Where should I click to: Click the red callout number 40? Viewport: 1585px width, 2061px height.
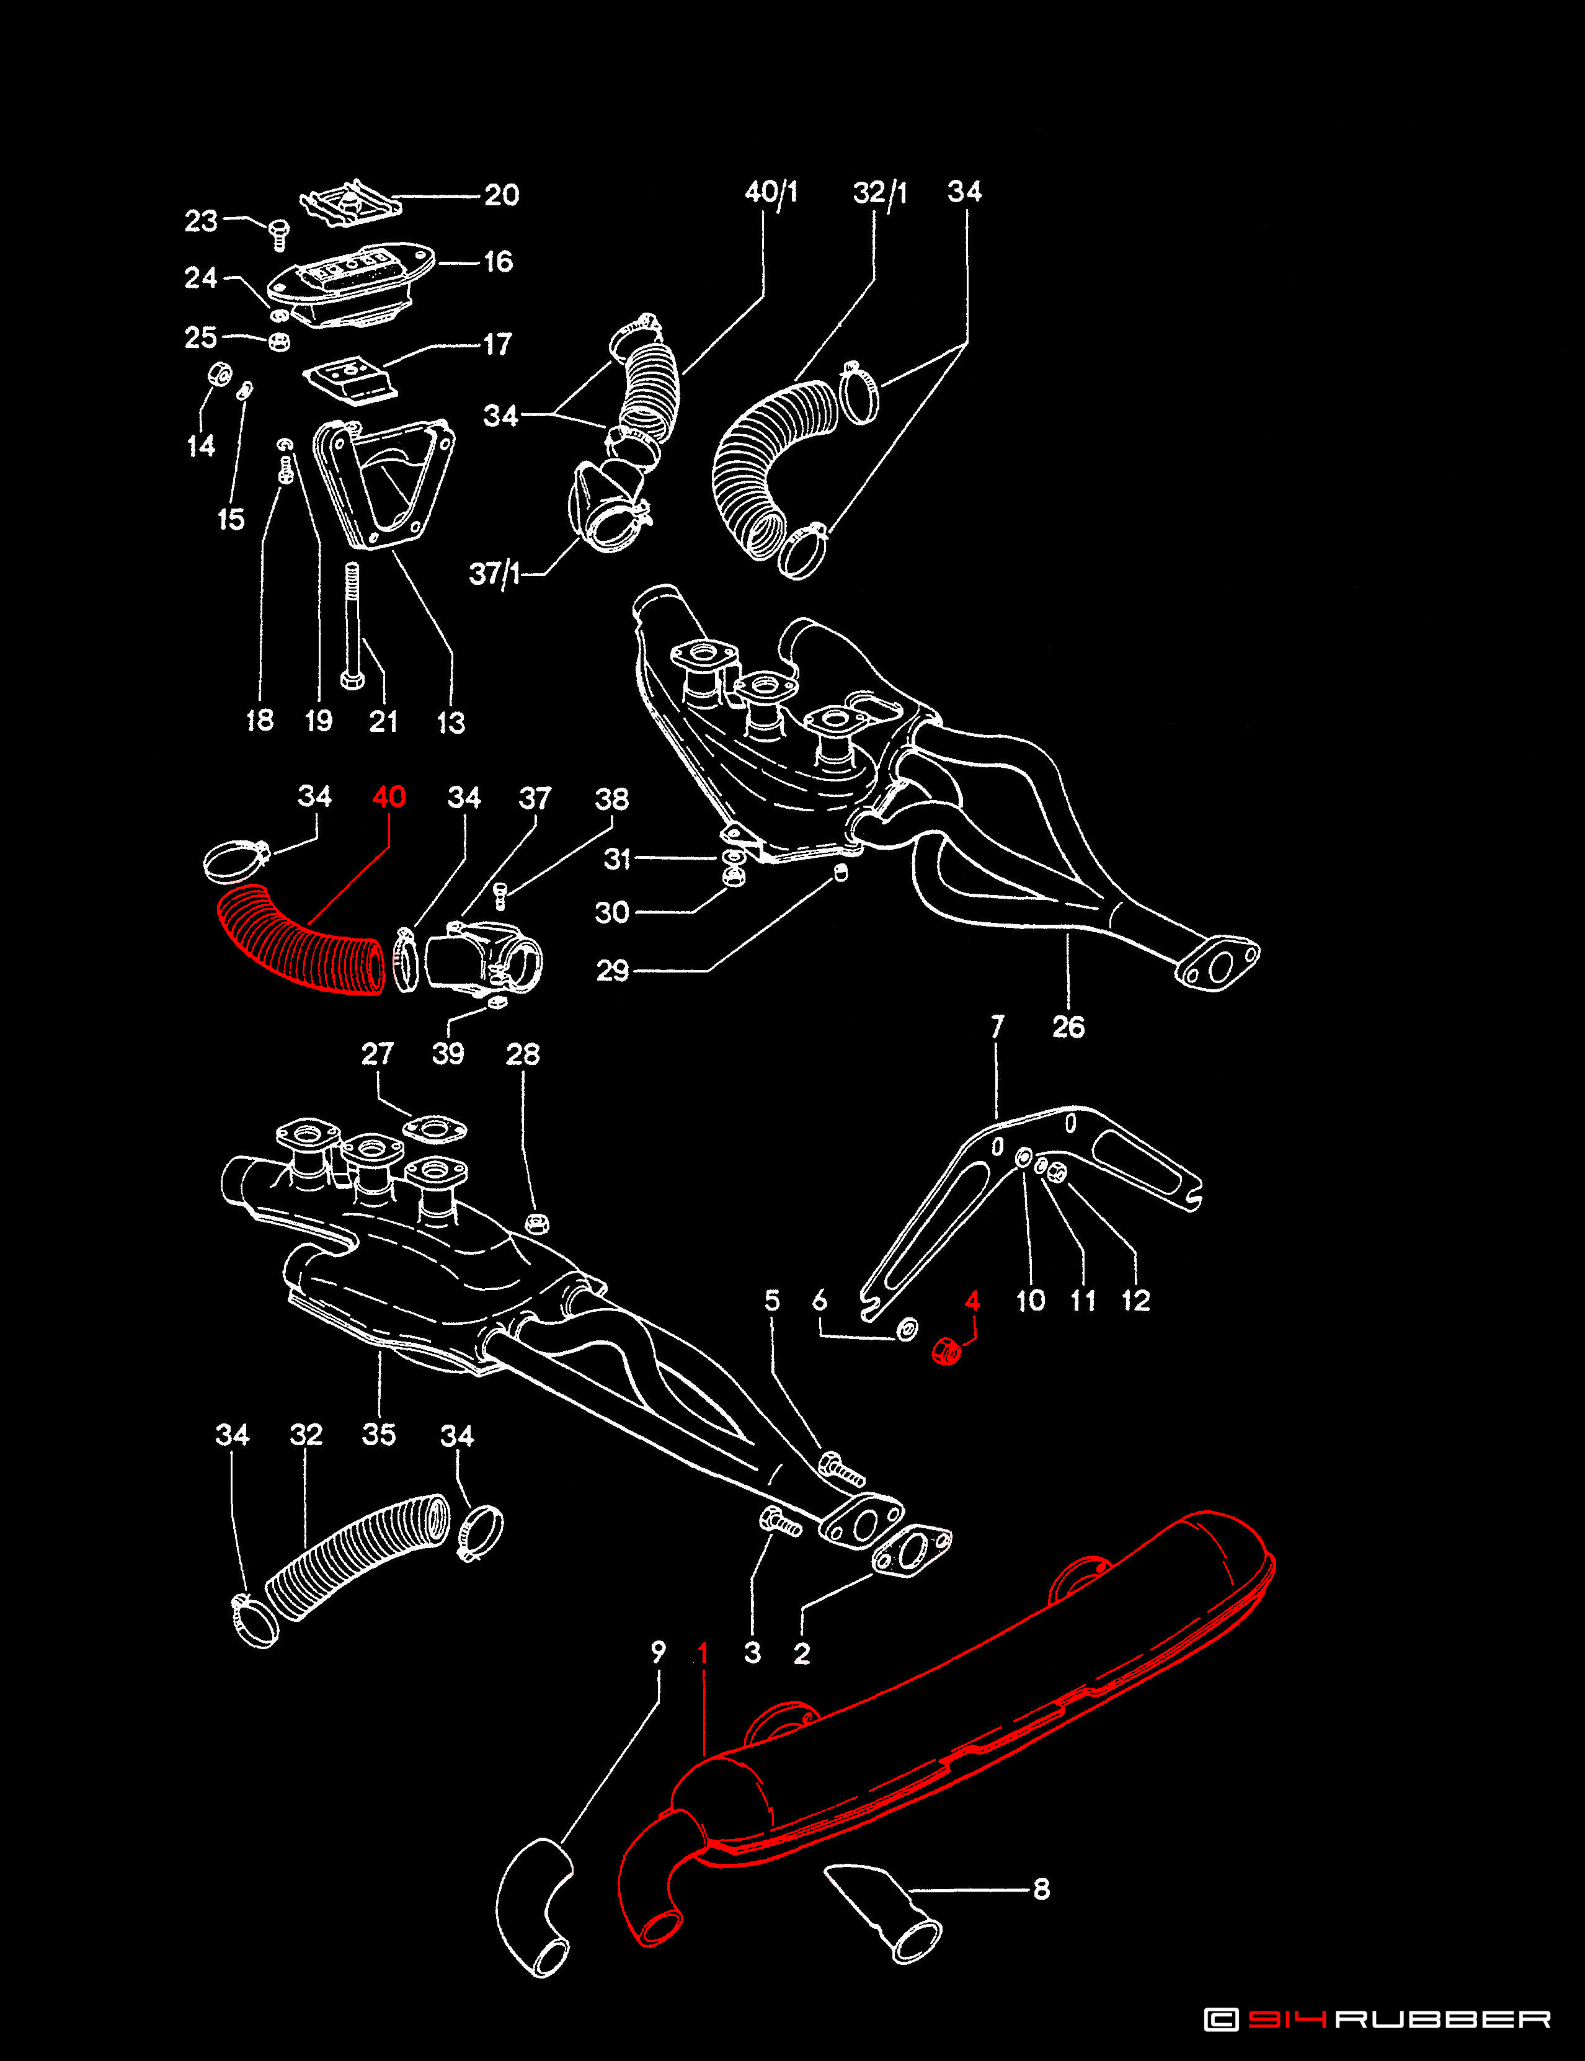click(x=389, y=798)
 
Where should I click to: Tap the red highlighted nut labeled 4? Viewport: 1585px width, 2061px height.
click(x=945, y=1351)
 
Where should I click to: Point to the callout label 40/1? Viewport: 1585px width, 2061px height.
click(x=771, y=192)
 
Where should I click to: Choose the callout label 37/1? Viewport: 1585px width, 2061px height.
click(x=494, y=573)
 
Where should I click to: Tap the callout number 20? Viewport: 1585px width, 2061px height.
click(x=501, y=195)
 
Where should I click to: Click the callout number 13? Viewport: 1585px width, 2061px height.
click(x=451, y=722)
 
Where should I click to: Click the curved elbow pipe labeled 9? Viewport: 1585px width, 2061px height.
click(x=533, y=1906)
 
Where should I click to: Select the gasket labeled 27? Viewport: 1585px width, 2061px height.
click(x=435, y=1129)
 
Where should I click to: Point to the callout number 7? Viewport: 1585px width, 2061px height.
click(x=997, y=1026)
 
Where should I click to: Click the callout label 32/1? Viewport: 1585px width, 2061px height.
click(x=879, y=192)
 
